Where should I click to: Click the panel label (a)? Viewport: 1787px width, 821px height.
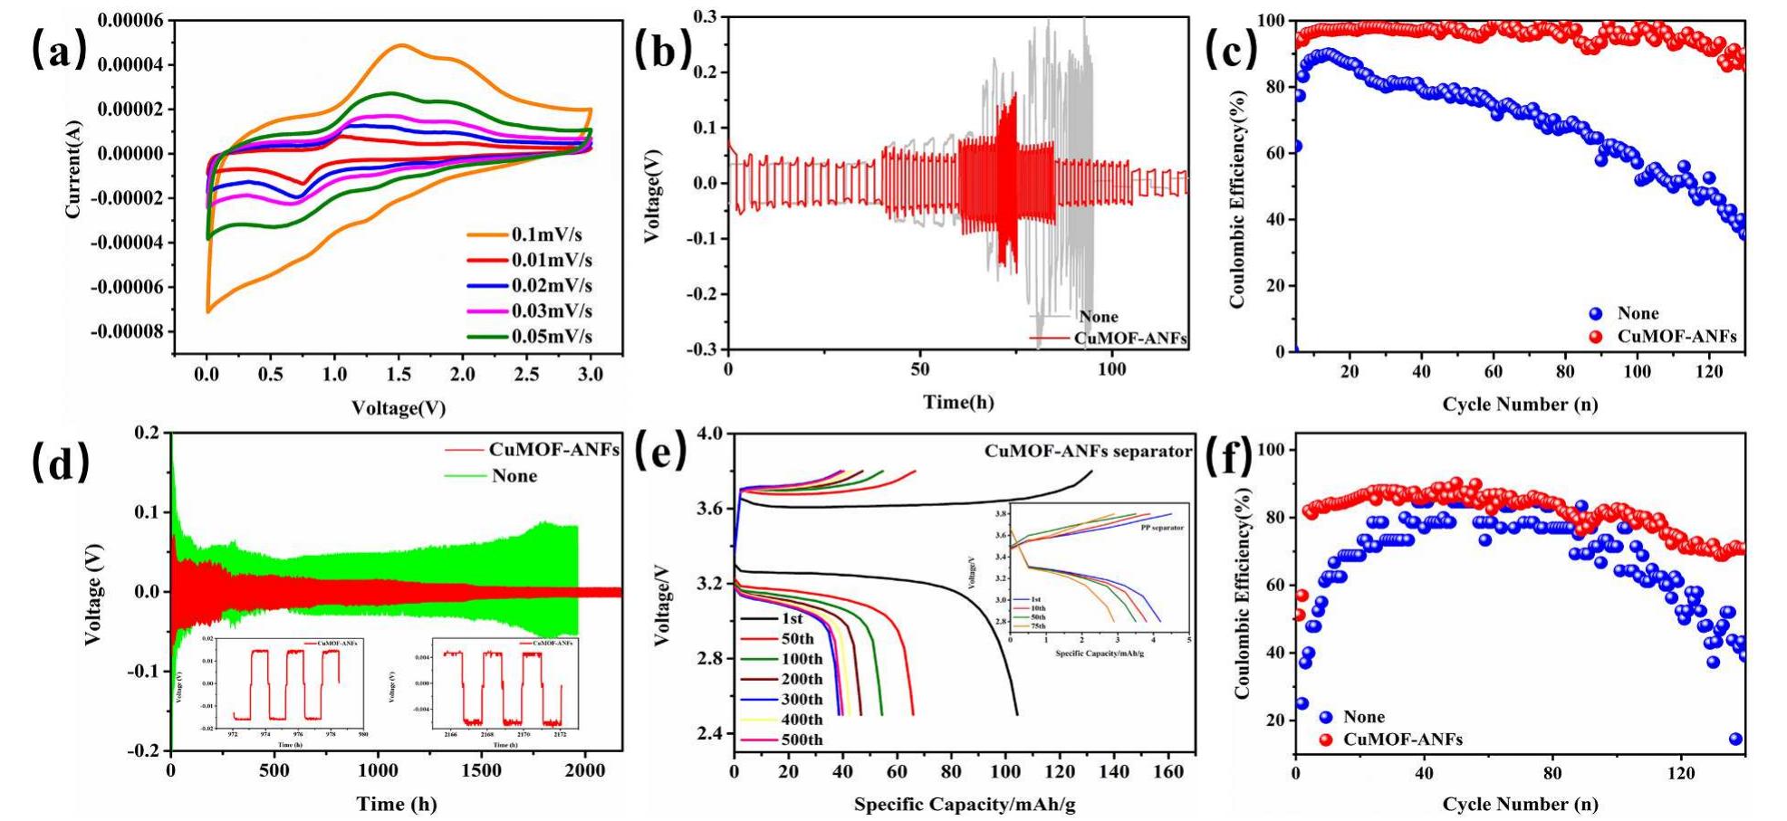[x=60, y=52]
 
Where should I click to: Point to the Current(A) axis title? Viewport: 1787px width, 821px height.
[x=73, y=172]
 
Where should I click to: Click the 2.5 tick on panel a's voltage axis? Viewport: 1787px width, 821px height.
[x=527, y=374]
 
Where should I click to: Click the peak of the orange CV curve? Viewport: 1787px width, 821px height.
[x=400, y=44]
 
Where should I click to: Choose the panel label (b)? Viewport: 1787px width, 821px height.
[x=662, y=51]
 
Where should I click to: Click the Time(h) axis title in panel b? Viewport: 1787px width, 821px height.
[x=958, y=401]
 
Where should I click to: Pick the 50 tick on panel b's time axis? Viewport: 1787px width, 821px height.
[x=920, y=369]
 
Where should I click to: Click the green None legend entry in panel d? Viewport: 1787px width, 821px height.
[x=514, y=476]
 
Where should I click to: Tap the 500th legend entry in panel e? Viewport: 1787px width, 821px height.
[x=801, y=740]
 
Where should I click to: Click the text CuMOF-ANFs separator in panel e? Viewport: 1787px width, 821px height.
[x=1088, y=451]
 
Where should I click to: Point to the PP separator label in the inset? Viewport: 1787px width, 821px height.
[x=1162, y=527]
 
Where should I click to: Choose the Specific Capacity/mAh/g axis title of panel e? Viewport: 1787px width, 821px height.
[x=964, y=804]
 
